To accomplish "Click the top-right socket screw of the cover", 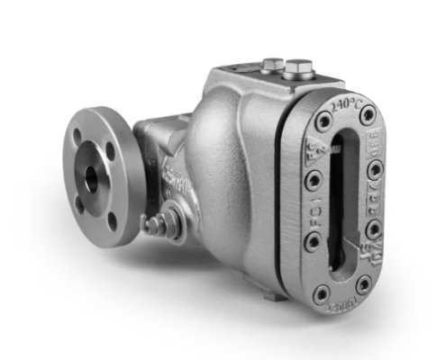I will [x=367, y=114].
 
